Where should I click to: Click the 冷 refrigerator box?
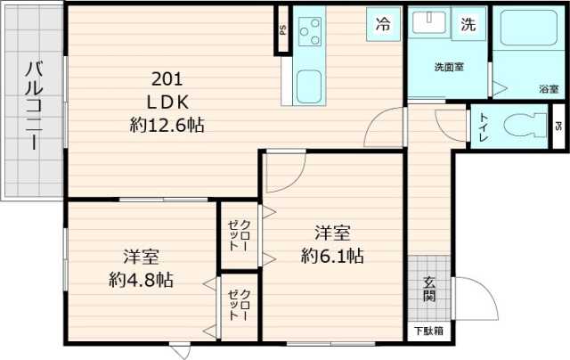coord(381,24)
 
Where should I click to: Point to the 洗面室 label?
coord(447,67)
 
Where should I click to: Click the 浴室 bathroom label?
coord(548,88)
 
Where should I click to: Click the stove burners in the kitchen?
coord(311,34)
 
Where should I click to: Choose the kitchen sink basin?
coord(309,87)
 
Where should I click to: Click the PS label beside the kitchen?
coord(281,30)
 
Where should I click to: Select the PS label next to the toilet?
coord(558,126)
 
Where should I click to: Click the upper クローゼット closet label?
coord(240,233)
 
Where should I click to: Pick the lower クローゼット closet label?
coord(240,306)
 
